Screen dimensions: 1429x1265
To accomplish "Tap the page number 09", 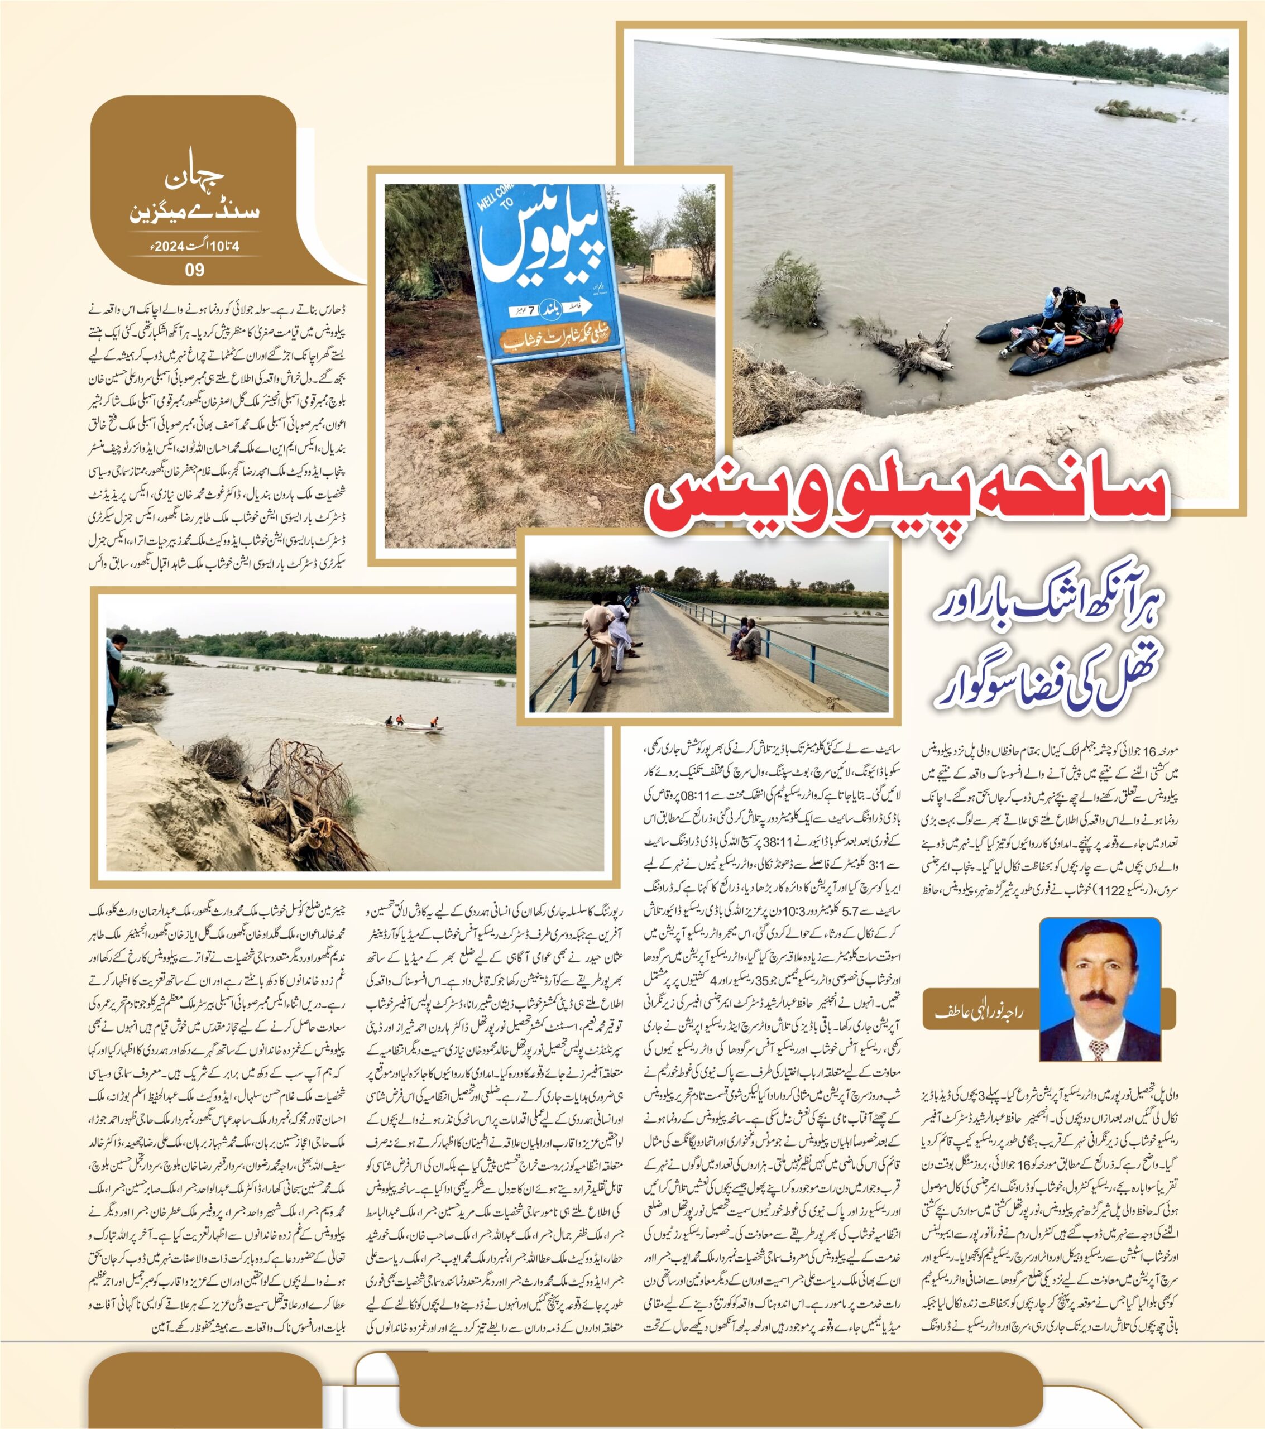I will [194, 269].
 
